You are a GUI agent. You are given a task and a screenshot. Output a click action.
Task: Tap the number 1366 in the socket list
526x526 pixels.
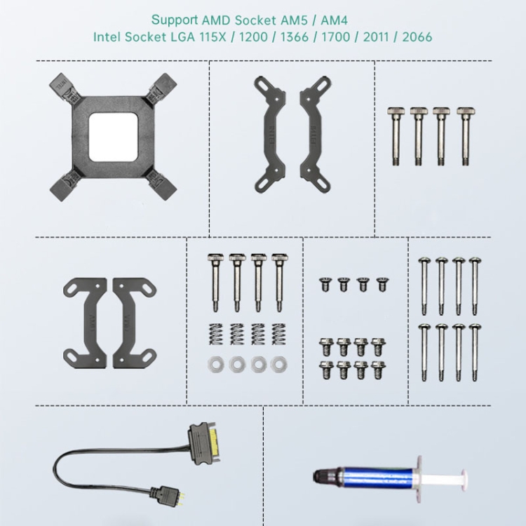(x=294, y=37)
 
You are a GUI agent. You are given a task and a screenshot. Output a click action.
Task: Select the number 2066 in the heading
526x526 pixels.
(x=417, y=37)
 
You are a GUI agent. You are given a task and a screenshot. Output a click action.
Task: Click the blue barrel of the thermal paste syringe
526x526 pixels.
(x=377, y=476)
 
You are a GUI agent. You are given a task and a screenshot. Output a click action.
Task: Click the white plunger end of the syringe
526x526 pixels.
(x=464, y=480)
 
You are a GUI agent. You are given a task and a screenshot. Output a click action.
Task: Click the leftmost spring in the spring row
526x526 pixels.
(x=216, y=334)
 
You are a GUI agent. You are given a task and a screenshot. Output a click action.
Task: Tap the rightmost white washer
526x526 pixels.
(x=278, y=364)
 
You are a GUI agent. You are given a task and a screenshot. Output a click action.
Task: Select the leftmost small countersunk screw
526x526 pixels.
(x=325, y=284)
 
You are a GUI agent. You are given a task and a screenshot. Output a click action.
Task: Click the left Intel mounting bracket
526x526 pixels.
(x=270, y=134)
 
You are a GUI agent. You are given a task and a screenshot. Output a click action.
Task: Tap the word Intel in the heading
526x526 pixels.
(x=107, y=37)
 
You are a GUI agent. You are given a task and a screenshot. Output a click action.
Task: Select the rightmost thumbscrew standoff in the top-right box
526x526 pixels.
(x=466, y=136)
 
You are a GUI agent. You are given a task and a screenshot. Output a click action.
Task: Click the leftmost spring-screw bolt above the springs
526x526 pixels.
(x=215, y=283)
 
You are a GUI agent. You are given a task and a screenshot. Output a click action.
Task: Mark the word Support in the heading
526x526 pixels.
(x=175, y=20)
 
